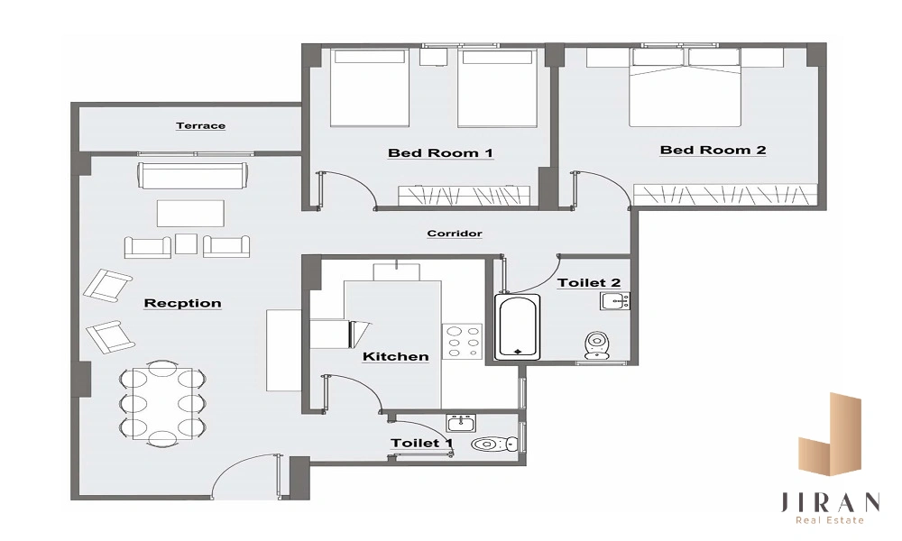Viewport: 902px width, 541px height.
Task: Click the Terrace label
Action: (x=201, y=125)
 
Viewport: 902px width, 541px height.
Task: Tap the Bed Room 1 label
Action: (x=441, y=153)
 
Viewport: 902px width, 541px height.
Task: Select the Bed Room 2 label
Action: (x=713, y=150)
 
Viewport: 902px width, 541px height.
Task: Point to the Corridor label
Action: (x=455, y=234)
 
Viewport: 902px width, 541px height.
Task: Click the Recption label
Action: (x=182, y=303)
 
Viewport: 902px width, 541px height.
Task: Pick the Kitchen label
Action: (x=396, y=356)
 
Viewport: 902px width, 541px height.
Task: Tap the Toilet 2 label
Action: (x=589, y=283)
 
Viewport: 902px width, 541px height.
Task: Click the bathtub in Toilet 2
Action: (x=518, y=326)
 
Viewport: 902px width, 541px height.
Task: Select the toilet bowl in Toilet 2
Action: (x=598, y=345)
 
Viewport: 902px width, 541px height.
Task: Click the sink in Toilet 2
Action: (x=615, y=300)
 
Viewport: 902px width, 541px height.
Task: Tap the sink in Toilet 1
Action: (x=461, y=423)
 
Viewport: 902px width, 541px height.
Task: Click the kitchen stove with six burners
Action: (x=462, y=342)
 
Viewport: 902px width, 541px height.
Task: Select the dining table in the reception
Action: (x=162, y=403)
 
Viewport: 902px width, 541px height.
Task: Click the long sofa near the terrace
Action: (x=193, y=175)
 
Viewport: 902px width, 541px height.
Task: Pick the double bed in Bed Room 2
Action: (x=685, y=87)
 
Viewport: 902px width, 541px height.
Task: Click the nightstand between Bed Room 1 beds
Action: (x=434, y=57)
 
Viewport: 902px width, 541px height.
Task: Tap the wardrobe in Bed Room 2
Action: (x=725, y=195)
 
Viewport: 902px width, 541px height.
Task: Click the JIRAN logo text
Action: (x=830, y=502)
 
